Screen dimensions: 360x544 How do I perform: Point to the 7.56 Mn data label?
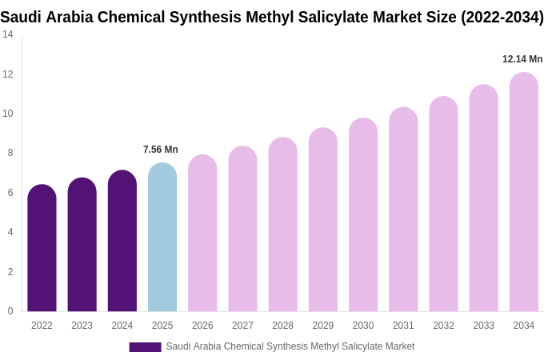coord(161,150)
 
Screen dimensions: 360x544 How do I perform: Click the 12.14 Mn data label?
coord(522,59)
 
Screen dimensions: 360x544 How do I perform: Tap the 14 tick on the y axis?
coord(8,34)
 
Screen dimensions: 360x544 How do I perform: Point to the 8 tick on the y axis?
coord(10,153)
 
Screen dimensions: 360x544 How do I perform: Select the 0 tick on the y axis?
coord(10,311)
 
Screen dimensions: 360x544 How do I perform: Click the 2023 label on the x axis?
coord(82,326)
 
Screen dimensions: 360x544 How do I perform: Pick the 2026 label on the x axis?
coord(202,326)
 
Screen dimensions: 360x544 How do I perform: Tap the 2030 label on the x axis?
coord(363,326)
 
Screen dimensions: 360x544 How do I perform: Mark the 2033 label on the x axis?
coord(483,326)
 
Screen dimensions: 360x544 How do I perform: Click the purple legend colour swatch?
coord(145,347)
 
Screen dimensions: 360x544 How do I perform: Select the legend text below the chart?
coord(290,346)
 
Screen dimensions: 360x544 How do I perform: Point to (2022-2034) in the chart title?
coord(502,17)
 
